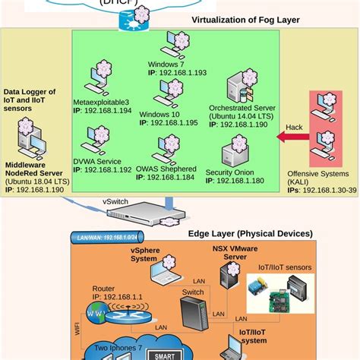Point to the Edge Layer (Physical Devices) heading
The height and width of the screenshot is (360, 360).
pos(250,233)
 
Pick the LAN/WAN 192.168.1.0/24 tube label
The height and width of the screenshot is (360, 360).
pos(107,238)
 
